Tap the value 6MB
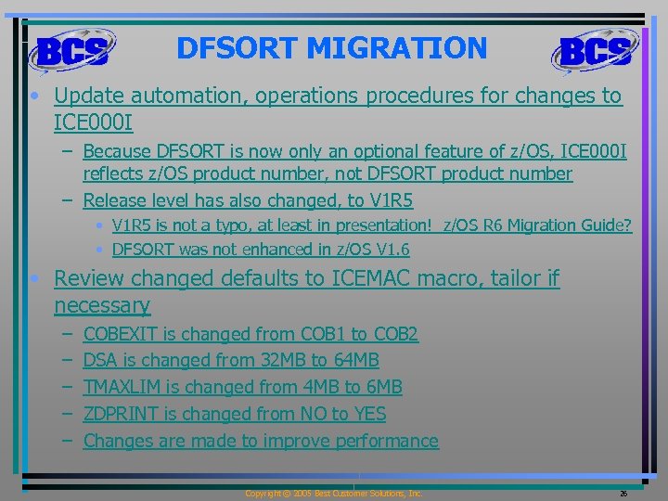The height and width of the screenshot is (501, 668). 382,387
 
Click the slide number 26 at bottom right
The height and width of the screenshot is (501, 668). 623,494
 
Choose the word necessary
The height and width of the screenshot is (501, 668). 102,305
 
